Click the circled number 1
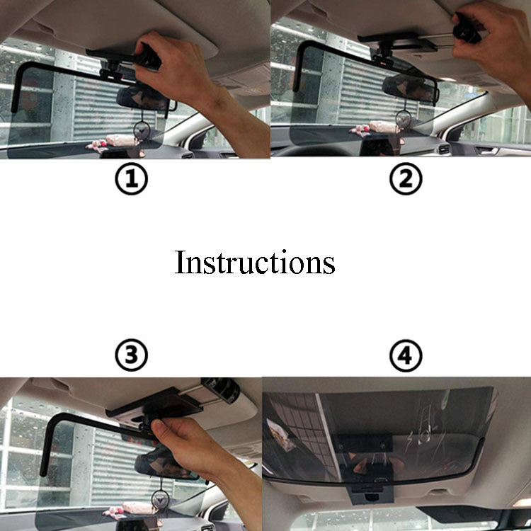132,178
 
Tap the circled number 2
406,178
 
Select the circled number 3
132,355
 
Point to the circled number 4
406,355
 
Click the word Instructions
255,262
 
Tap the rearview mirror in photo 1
144,98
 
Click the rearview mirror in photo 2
410,87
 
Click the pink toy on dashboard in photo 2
376,128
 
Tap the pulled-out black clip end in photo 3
221,389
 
